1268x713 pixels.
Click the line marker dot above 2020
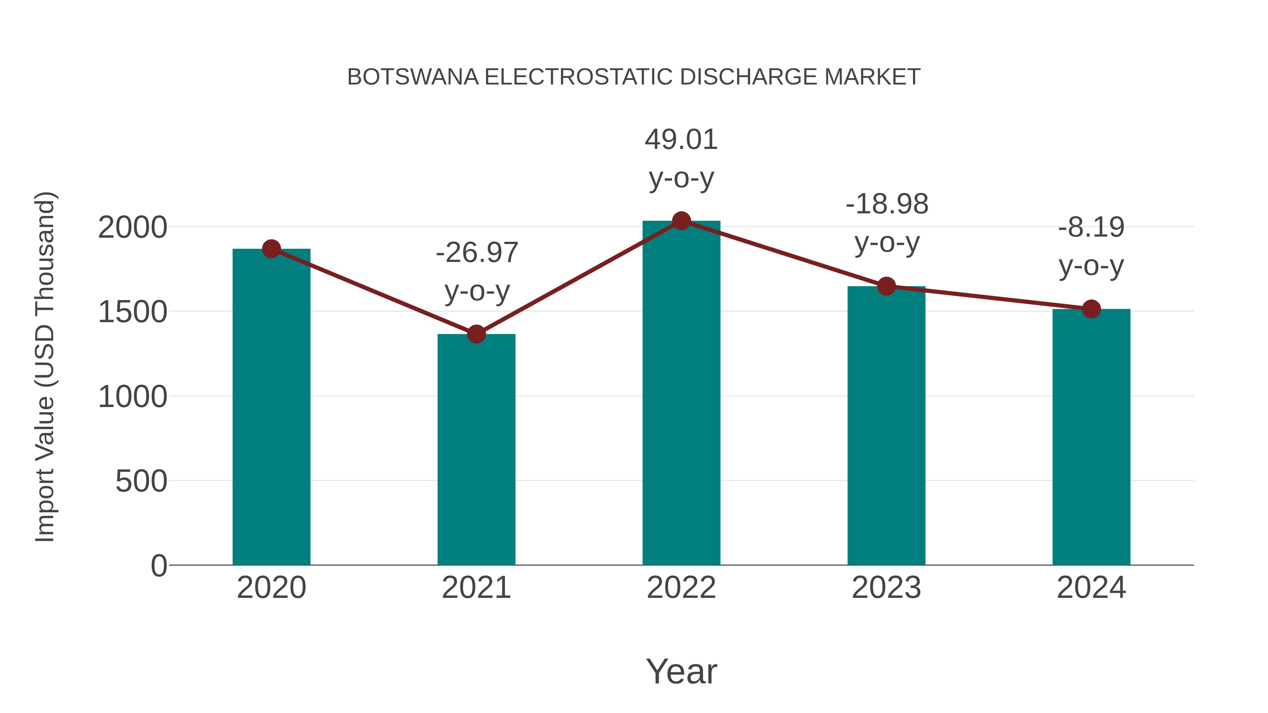click(271, 249)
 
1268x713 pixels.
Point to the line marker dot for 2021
click(476, 334)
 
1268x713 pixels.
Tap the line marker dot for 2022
click(681, 221)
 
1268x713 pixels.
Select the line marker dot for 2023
click(886, 286)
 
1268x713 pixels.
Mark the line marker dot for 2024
click(1091, 309)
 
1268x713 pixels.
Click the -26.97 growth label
click(477, 253)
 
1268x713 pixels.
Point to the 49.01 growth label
click(681, 140)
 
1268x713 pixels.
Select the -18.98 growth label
click(887, 204)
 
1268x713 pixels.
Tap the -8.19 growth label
click(1091, 228)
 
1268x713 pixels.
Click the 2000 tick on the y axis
click(132, 228)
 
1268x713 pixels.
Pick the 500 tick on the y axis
click(141, 481)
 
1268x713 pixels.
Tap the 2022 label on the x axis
click(681, 588)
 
